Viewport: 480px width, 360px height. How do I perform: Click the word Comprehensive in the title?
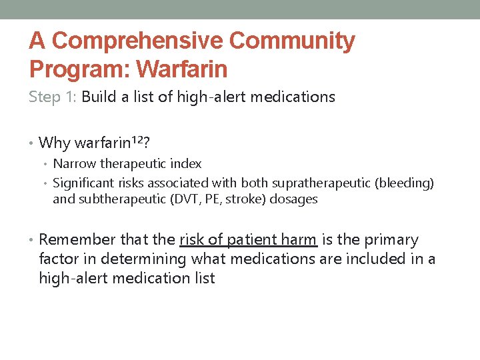tap(137, 41)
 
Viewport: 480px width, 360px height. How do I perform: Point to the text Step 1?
tap(53, 97)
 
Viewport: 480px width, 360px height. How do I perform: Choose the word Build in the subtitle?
tap(100, 97)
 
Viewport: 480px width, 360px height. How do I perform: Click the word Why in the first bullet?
tap(54, 143)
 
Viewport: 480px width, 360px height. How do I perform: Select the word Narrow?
tap(75, 164)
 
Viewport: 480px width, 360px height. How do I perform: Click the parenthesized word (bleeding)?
tap(409, 183)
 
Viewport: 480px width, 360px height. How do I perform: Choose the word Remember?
tap(77, 240)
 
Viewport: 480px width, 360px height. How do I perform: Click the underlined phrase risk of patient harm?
tap(248, 240)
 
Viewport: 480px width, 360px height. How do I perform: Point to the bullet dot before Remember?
tap(32, 240)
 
